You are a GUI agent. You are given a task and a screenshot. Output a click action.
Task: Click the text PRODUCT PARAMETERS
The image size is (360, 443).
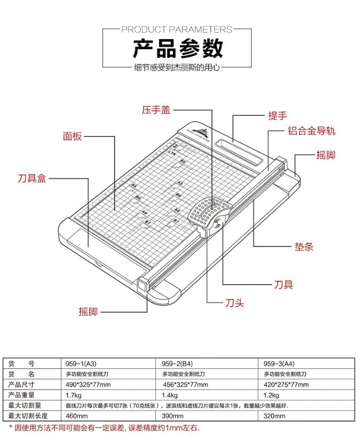point(178,29)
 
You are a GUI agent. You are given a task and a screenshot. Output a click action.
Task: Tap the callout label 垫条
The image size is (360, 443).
point(304,246)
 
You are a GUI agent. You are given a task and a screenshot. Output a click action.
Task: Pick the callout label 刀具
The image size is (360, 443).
point(283,284)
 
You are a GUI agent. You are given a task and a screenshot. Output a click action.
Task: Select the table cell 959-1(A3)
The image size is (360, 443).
point(81,363)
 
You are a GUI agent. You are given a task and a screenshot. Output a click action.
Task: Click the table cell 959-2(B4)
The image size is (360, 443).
point(179,363)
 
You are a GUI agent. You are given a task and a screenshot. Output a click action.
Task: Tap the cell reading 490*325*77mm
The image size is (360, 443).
point(88,385)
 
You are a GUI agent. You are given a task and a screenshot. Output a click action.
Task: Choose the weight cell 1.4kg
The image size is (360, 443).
point(169,395)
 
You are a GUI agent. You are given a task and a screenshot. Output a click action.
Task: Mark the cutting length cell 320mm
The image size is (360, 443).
point(275,416)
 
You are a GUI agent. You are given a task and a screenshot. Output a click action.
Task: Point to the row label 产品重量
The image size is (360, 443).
point(22,395)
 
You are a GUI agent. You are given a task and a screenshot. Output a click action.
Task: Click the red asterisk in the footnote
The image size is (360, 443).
point(11,428)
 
